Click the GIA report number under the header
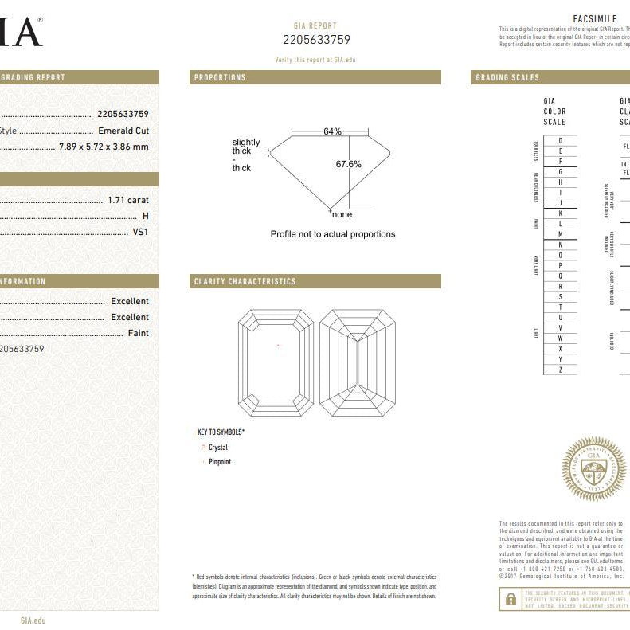[316, 40]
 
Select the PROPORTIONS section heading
[220, 78]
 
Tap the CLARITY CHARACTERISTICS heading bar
[245, 282]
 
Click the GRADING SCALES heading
[507, 78]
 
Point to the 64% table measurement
[332, 131]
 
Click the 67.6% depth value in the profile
[348, 165]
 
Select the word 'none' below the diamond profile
[342, 215]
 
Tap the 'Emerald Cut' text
[123, 131]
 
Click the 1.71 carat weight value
[128, 200]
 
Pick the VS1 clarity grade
[140, 232]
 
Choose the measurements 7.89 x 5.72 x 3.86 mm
[104, 147]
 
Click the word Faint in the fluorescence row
[138, 333]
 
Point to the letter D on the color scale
[561, 141]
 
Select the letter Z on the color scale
[561, 370]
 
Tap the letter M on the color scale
[561, 234]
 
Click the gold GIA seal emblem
[593, 468]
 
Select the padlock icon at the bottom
[511, 599]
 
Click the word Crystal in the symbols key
[217, 448]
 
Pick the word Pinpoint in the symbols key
[220, 462]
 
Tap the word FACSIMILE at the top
[594, 19]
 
